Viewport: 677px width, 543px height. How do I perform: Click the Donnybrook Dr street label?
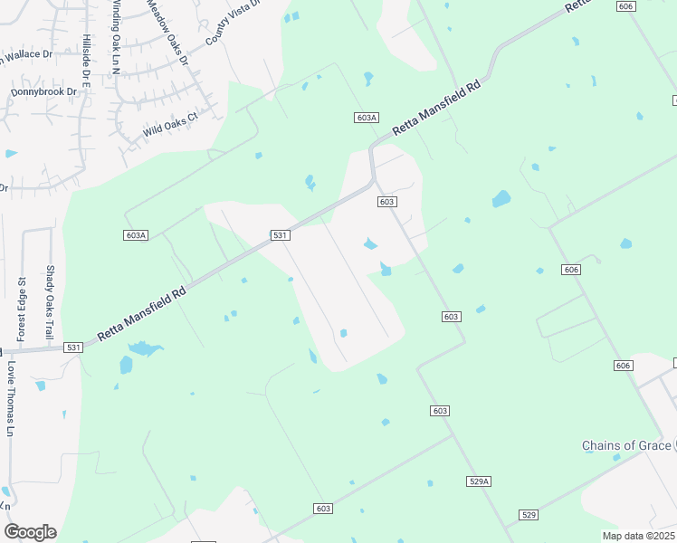click(x=43, y=91)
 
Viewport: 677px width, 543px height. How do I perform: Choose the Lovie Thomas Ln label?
click(x=12, y=397)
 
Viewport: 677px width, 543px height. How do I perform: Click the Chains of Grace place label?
click(x=625, y=446)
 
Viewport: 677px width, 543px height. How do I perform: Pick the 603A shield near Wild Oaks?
click(x=366, y=118)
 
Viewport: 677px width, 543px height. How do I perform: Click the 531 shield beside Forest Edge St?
click(x=73, y=348)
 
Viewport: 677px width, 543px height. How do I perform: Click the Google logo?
click(x=30, y=531)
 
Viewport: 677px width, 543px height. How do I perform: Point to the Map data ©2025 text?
click(x=638, y=536)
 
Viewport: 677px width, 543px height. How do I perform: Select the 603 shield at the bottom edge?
click(x=323, y=509)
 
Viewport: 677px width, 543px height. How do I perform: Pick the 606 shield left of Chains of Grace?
click(x=622, y=365)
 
